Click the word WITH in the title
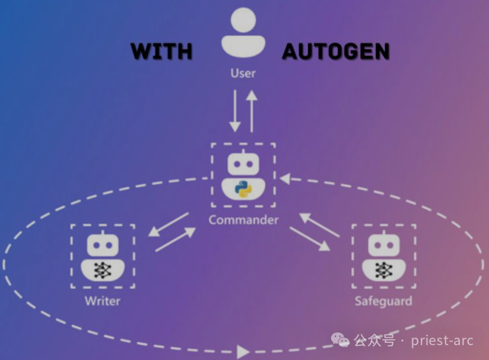(x=161, y=51)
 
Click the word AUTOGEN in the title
(x=336, y=51)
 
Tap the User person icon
(x=243, y=33)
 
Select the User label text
(x=243, y=73)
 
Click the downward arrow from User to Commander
(x=235, y=111)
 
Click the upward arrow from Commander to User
(x=251, y=111)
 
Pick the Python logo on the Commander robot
(x=243, y=190)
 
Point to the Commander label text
(x=243, y=220)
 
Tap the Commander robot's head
(x=243, y=163)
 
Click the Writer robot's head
(x=102, y=244)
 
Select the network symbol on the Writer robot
(x=102, y=270)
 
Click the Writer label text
(x=102, y=301)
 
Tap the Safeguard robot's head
(x=384, y=244)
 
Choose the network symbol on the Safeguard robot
(x=384, y=270)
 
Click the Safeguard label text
(x=384, y=301)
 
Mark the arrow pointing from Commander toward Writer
(x=168, y=225)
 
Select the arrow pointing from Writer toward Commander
(x=176, y=239)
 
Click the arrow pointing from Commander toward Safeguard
(x=310, y=238)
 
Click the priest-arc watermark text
(x=442, y=340)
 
